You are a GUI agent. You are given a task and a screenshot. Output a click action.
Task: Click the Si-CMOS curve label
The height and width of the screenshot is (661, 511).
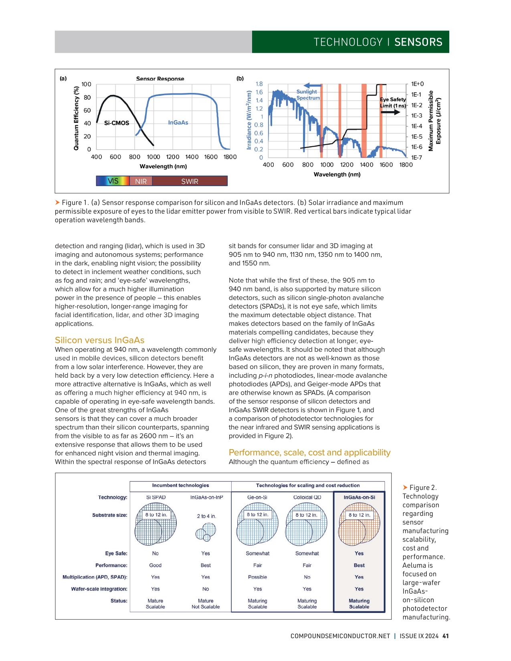117,123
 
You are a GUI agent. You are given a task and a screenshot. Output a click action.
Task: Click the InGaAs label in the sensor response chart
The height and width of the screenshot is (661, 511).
178,123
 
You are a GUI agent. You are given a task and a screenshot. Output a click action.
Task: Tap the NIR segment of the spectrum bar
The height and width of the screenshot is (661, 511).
141,181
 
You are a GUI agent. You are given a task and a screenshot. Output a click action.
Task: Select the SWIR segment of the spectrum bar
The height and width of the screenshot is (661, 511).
190,181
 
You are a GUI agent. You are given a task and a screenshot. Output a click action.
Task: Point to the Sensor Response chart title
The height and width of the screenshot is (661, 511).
160,79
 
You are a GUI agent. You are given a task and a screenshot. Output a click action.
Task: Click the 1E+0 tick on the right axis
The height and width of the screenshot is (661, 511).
417,84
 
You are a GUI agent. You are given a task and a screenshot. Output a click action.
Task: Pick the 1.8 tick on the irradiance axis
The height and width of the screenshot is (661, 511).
259,84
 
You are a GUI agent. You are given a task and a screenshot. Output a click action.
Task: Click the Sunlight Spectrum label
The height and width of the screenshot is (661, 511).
307,95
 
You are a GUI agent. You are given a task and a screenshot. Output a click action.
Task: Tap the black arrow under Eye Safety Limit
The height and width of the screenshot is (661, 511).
390,112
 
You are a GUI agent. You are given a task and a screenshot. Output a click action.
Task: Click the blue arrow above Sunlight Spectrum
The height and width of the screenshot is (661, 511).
313,85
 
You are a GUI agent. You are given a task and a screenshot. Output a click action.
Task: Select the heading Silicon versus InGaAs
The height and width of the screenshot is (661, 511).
99,340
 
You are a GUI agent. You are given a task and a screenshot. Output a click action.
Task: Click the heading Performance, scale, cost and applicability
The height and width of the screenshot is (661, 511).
309,452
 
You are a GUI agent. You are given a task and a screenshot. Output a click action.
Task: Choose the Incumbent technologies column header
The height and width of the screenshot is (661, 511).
180,486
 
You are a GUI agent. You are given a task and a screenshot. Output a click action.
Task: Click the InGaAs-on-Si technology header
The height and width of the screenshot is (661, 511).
359,498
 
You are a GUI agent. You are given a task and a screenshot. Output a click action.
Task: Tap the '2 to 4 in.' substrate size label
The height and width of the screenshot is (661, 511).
206,516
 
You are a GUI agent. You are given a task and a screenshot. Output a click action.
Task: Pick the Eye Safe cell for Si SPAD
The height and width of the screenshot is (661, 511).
155,554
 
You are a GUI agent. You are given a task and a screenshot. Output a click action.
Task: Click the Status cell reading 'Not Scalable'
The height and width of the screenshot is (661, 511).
206,607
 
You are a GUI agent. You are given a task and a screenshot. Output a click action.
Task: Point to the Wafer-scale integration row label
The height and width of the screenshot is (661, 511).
99,589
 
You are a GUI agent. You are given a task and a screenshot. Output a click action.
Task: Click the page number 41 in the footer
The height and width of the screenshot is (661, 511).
446,636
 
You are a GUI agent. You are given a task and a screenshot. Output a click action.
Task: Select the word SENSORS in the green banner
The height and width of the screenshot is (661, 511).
418,42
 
